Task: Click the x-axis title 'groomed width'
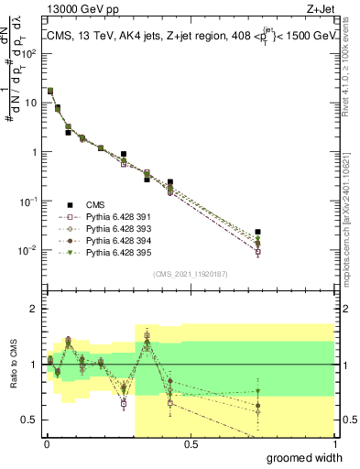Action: click(305, 457)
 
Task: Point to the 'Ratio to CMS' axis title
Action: click(13, 365)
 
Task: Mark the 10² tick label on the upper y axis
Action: click(31, 53)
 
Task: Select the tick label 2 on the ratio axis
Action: click(35, 309)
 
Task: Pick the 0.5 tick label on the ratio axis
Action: click(31, 420)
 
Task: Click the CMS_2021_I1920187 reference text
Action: click(190, 274)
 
